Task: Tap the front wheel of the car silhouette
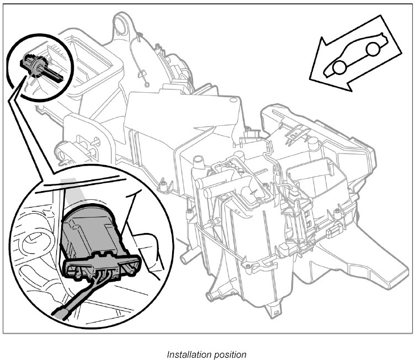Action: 338,67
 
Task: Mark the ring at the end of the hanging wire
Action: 147,83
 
